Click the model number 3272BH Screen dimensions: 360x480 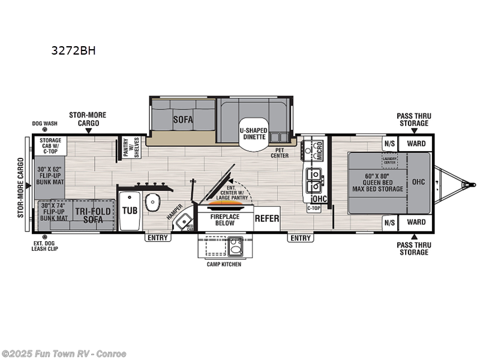point(74,50)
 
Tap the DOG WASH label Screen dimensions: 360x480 point(44,124)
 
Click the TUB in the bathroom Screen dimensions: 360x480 point(130,211)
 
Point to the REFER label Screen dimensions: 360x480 point(267,218)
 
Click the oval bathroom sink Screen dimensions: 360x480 point(154,202)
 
